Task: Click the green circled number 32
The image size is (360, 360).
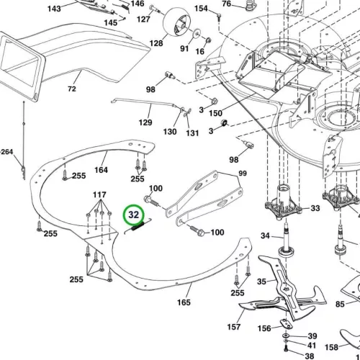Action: click(134, 215)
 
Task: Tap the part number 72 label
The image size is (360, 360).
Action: click(72, 89)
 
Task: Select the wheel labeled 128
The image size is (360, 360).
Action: click(177, 22)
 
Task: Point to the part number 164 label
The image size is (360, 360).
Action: click(101, 170)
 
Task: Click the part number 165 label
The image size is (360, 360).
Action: click(184, 302)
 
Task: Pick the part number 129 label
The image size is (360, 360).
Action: click(145, 122)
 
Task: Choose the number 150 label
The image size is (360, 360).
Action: click(215, 113)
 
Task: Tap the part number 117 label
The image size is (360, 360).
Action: click(99, 194)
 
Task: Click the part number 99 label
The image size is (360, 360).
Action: click(243, 174)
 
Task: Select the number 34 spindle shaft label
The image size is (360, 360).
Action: click(265, 235)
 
